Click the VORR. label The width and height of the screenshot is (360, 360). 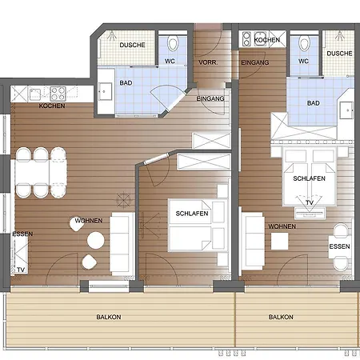[x=208, y=62]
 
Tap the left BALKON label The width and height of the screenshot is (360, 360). [x=109, y=317]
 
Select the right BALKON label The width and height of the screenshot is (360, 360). [x=281, y=317]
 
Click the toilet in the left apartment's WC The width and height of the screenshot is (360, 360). [x=173, y=43]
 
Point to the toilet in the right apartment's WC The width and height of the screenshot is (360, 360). [x=304, y=43]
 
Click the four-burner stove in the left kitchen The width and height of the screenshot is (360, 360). [x=58, y=94]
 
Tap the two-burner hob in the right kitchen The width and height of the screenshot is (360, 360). [x=246, y=39]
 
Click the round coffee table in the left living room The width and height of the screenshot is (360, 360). [x=95, y=240]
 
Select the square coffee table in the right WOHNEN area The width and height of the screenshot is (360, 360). [x=280, y=241]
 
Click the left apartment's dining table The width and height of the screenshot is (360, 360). [x=40, y=173]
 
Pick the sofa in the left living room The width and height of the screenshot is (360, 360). [x=122, y=244]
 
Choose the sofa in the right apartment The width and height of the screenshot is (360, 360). [x=254, y=241]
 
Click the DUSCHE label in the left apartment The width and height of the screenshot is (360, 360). [x=132, y=45]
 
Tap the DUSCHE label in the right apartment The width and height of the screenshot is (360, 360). [x=339, y=54]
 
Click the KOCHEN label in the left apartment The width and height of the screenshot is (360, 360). [x=52, y=106]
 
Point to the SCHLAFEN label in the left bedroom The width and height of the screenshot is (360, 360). [x=192, y=214]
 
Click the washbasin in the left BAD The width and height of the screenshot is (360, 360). [x=105, y=91]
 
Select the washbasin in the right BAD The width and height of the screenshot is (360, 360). [x=346, y=110]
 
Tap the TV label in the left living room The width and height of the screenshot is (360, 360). [x=21, y=270]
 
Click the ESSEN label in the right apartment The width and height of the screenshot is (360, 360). [x=339, y=246]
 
